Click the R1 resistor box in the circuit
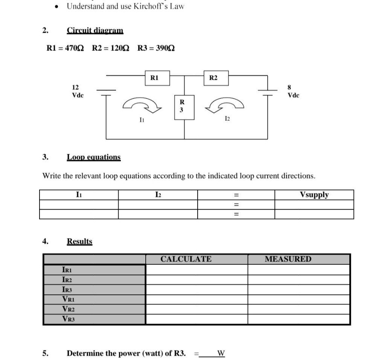(x=154, y=78)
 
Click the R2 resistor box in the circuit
(x=213, y=78)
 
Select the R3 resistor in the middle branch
(x=182, y=106)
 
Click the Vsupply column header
(x=314, y=195)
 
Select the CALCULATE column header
(x=186, y=259)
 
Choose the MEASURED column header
(x=288, y=259)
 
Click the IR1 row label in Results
(x=67, y=270)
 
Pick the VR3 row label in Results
(x=68, y=319)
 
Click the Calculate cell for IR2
(x=197, y=280)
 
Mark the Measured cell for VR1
(x=299, y=299)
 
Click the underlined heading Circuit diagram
(x=95, y=30)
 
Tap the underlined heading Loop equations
(x=94, y=157)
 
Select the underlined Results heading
(x=79, y=242)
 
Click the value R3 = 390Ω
(x=156, y=48)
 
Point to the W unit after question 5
(x=221, y=354)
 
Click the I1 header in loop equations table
(x=79, y=195)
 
